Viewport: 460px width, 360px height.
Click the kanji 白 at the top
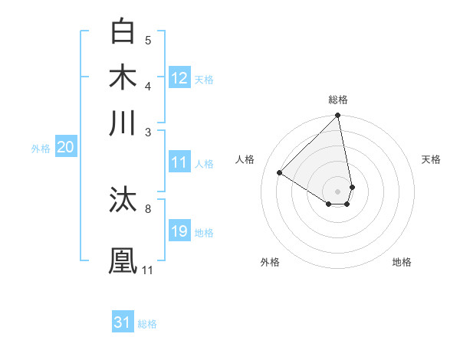pos(123,31)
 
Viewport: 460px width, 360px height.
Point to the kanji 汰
pos(123,200)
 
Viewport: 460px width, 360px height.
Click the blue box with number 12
pos(179,78)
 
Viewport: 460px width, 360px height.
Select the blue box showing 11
pos(179,162)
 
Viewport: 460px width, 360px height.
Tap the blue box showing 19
pos(179,231)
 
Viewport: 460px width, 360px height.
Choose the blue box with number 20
pos(65,148)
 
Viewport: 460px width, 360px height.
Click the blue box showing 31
pos(123,322)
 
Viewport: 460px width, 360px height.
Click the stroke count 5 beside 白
pos(148,40)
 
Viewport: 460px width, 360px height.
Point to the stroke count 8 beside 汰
pos(148,208)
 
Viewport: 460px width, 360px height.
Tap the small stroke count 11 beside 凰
pos(147,270)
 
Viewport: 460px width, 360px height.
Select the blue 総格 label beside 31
pos(147,324)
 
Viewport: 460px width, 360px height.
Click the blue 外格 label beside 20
pos(41,149)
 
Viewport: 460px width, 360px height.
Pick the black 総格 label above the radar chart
pos(338,100)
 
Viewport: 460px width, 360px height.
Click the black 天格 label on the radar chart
pos(432,159)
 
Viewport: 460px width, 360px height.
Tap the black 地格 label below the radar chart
pos(402,262)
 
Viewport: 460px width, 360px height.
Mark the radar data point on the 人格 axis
pos(280,173)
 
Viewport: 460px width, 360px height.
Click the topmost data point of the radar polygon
pos(337,116)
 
